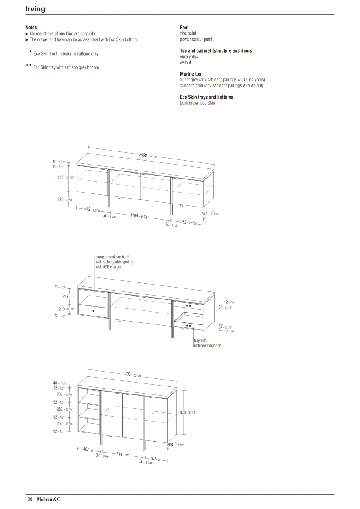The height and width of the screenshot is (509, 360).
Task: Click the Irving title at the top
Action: [35, 9]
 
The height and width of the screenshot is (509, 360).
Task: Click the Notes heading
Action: [31, 28]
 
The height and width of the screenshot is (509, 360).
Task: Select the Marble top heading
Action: [191, 74]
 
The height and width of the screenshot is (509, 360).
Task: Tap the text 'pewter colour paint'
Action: [196, 39]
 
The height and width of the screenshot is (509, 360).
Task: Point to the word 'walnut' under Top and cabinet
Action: [186, 62]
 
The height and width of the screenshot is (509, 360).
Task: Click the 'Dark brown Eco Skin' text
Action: [197, 103]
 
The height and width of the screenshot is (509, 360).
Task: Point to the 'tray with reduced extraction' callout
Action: [207, 343]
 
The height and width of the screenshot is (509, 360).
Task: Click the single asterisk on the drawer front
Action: [93, 311]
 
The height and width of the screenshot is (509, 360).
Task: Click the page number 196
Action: [29, 499]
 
